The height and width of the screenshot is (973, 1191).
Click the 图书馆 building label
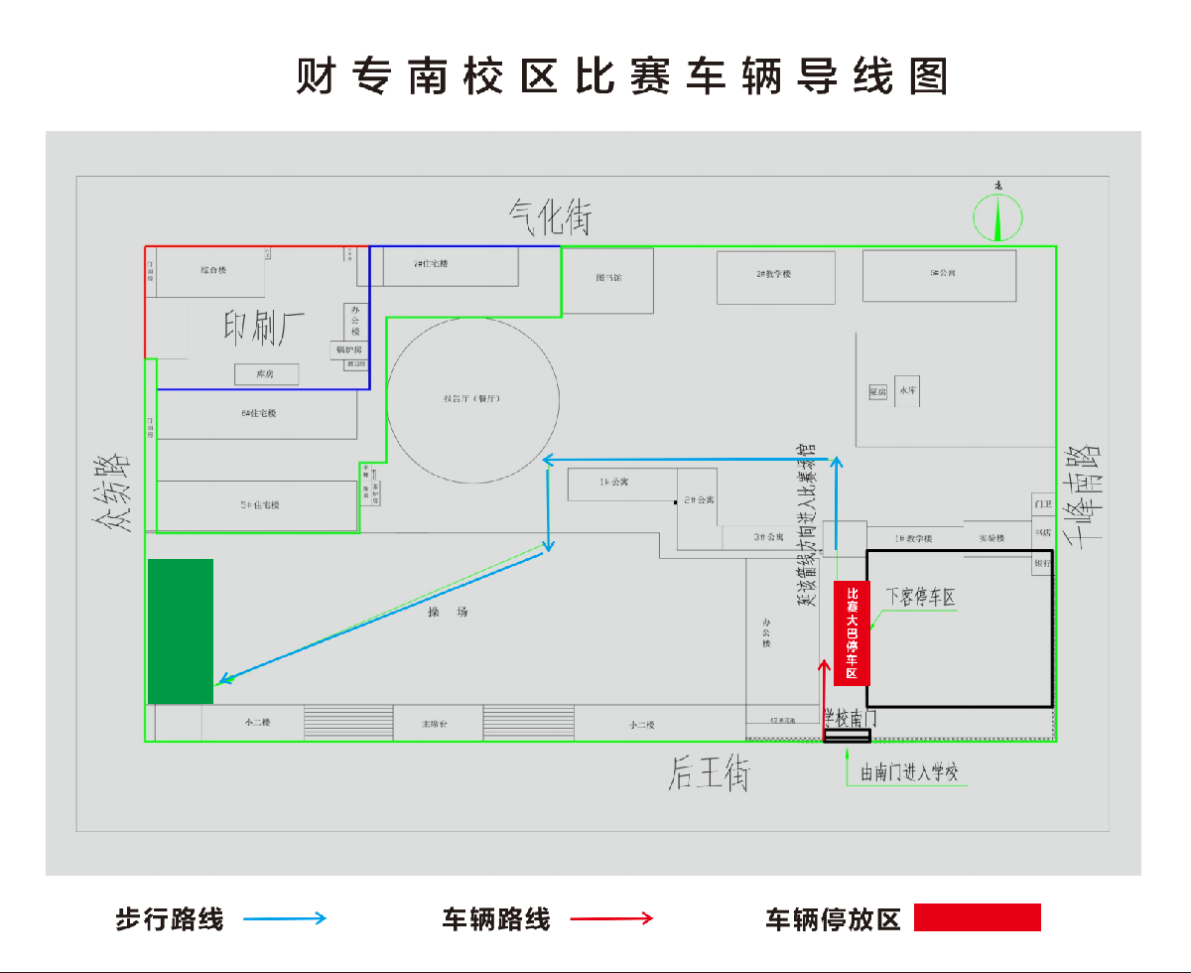click(607, 278)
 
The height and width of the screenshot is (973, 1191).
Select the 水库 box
click(908, 391)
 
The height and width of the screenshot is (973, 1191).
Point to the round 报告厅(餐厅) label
click(471, 398)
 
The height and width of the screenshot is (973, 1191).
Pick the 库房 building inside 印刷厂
click(265, 374)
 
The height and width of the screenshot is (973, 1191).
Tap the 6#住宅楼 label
click(258, 413)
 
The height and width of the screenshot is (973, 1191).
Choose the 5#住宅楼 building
click(258, 505)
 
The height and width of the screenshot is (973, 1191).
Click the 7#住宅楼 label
click(431, 264)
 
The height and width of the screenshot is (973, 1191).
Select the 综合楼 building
click(212, 271)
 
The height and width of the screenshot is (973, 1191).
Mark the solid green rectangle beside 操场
click(181, 631)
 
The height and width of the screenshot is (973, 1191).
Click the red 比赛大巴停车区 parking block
click(852, 632)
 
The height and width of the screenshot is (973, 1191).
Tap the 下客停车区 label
click(920, 598)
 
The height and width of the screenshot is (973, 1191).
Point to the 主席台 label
click(437, 725)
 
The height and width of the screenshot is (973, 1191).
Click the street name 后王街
click(709, 772)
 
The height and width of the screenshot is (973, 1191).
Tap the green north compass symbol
click(997, 217)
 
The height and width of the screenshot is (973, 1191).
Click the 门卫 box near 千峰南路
click(1042, 504)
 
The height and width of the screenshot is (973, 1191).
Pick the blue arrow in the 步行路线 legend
click(285, 918)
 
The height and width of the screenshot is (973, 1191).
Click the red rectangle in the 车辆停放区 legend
click(977, 917)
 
